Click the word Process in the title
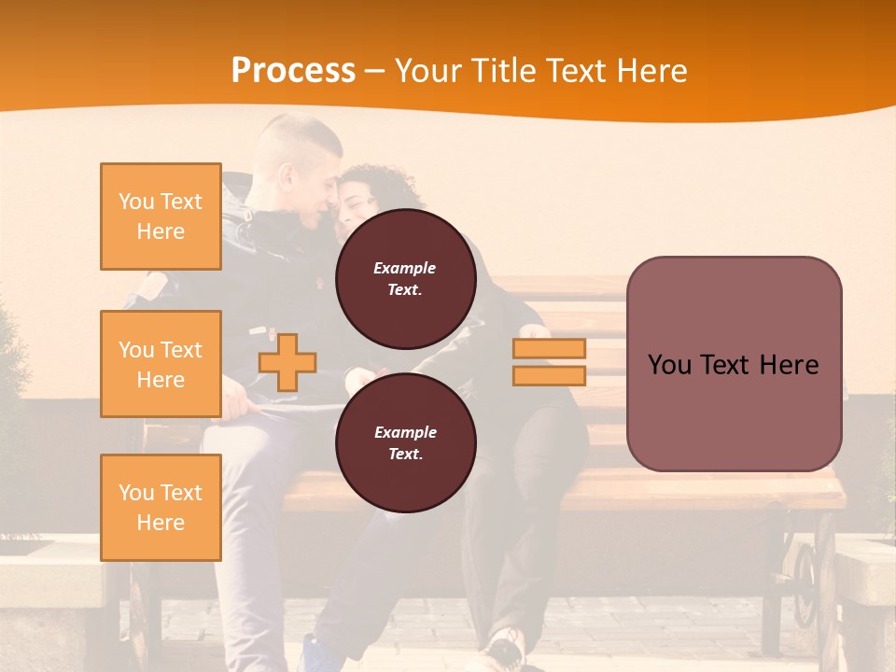[293, 70]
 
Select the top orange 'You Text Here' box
[161, 217]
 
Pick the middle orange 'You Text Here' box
[161, 364]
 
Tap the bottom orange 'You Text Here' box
[161, 507]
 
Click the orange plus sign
[287, 362]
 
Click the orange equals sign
[549, 362]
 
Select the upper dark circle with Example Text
[405, 278]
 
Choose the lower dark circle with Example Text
[405, 442]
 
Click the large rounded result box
[734, 364]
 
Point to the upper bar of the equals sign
[549, 348]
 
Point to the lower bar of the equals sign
[549, 376]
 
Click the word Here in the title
[645, 70]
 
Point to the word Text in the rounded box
[733, 364]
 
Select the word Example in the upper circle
[404, 268]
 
